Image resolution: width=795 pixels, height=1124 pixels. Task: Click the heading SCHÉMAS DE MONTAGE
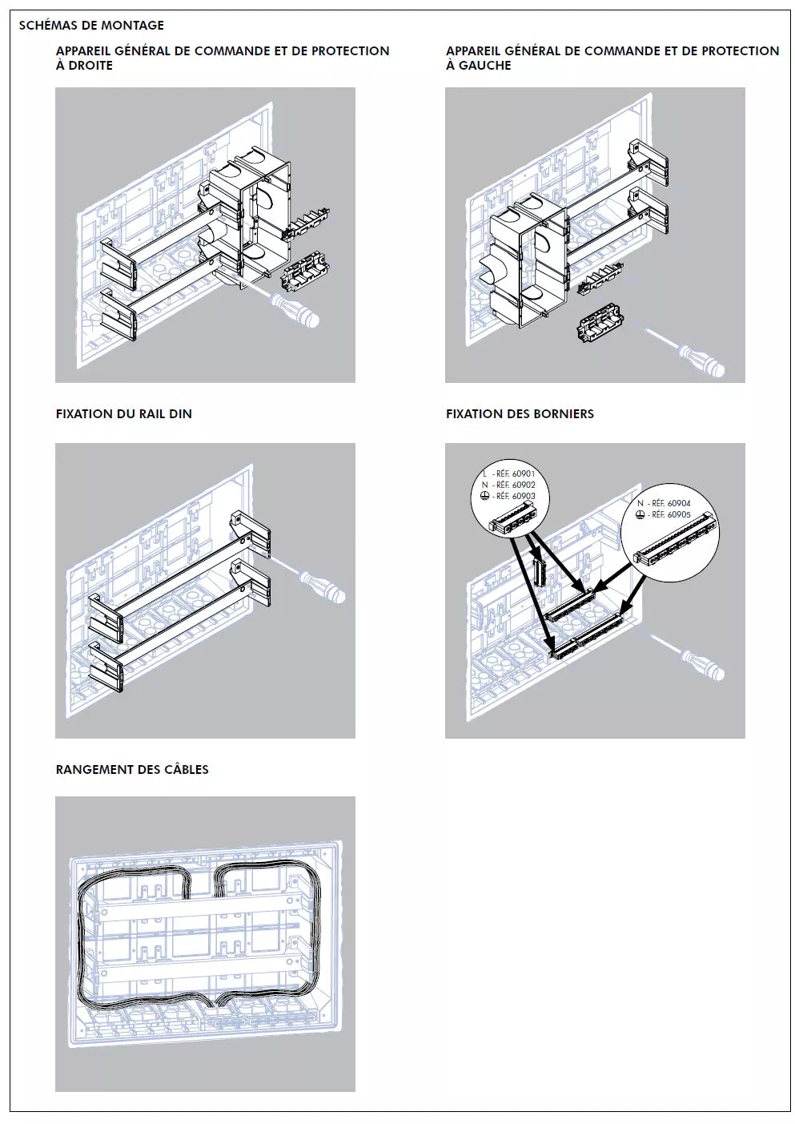pos(91,26)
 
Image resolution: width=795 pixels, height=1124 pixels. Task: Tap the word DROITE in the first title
pos(90,66)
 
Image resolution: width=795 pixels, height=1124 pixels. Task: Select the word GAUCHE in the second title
pos(484,66)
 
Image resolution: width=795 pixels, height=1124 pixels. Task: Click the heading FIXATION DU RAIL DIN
pos(123,414)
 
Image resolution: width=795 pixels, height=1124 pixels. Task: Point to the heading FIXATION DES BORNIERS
pos(520,414)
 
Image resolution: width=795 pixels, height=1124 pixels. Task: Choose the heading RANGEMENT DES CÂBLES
pos(132,770)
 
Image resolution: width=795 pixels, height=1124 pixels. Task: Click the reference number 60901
pos(524,474)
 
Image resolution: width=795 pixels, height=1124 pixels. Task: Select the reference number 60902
pos(524,485)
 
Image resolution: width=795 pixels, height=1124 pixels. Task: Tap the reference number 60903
pos(524,497)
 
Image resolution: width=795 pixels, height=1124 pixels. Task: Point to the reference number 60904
pos(679,504)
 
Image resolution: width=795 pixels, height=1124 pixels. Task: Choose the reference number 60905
pos(679,515)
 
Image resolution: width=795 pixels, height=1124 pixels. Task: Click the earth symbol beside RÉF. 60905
pos(640,515)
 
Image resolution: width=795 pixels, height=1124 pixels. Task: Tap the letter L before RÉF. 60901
pos(484,474)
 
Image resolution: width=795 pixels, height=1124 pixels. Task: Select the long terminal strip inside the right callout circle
pos(674,544)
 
